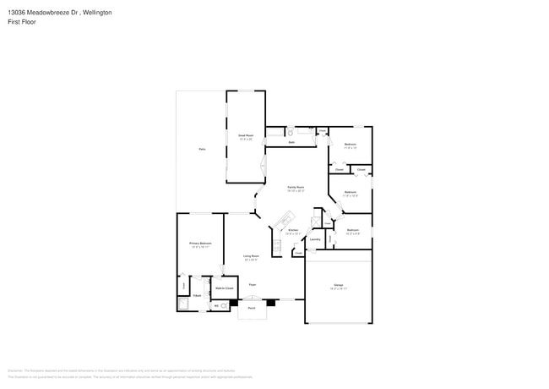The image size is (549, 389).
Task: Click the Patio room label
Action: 202,149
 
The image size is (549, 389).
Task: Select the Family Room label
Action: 295,187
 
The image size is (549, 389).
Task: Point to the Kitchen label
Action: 292,230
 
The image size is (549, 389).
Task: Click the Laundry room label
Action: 314,238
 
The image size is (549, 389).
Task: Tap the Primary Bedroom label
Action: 199,244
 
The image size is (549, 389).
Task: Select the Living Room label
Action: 251,256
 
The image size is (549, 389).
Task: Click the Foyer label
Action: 252,286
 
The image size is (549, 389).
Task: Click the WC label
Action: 216,305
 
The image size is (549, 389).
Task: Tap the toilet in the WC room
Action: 224,306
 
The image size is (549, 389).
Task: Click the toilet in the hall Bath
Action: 290,133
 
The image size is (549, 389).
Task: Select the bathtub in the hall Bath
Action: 305,134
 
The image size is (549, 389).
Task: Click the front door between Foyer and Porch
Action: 252,299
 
